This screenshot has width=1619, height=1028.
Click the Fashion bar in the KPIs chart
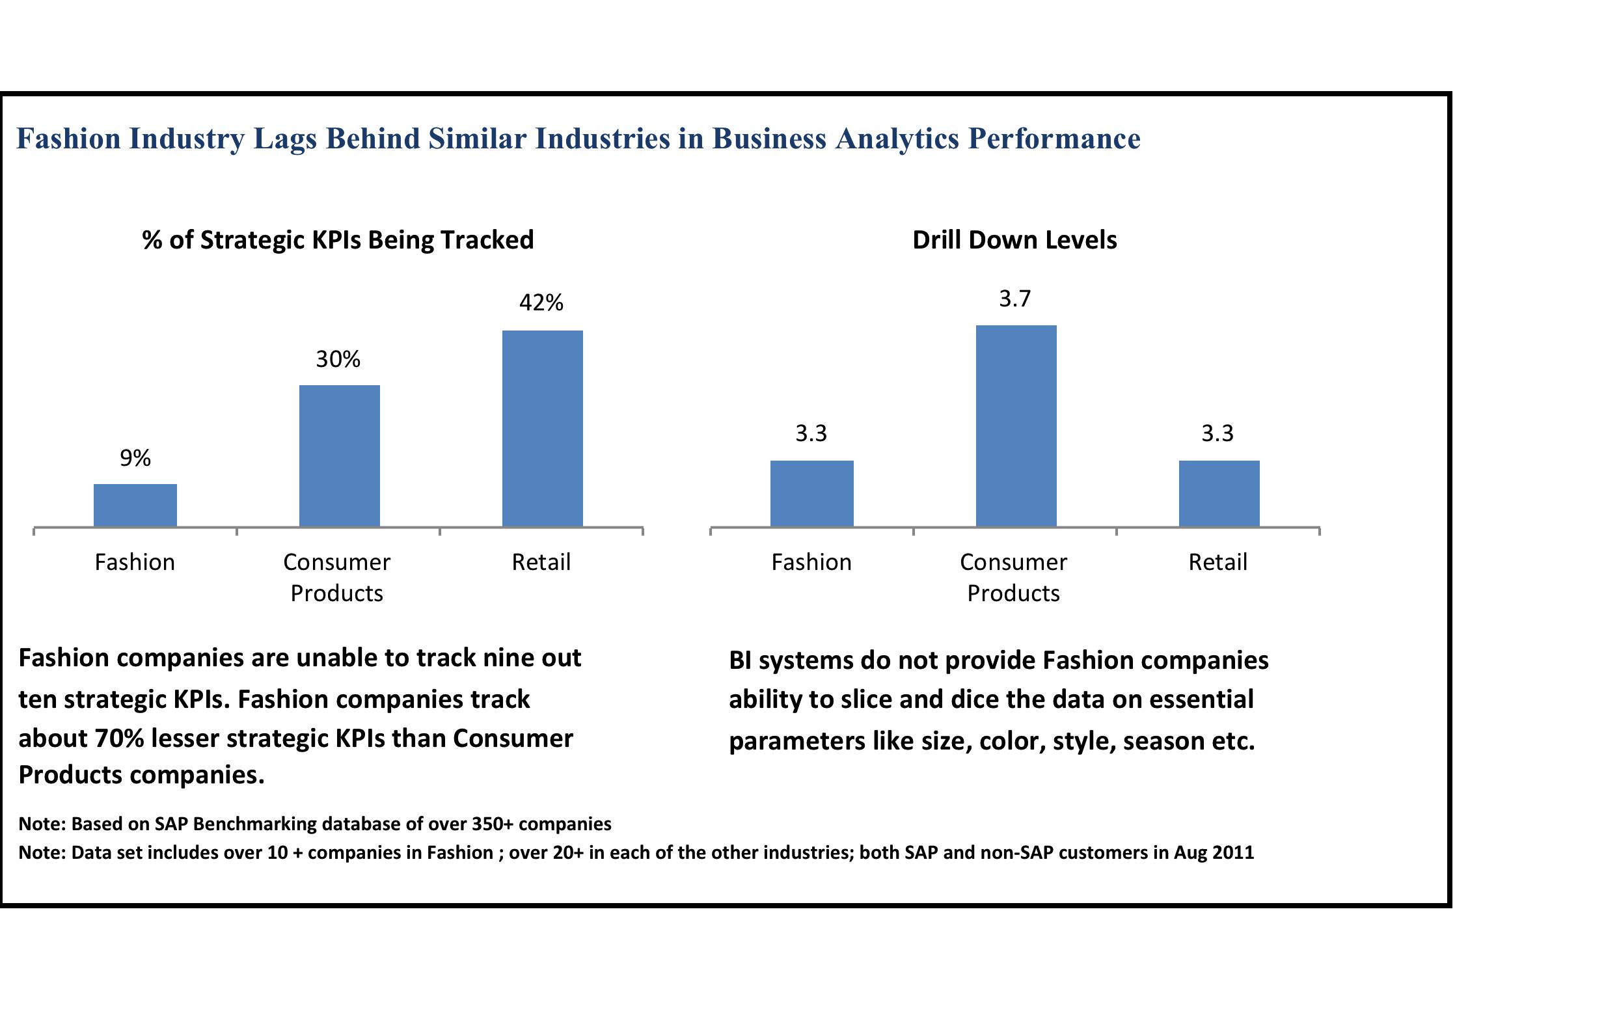tap(135, 505)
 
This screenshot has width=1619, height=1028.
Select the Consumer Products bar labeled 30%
tap(340, 456)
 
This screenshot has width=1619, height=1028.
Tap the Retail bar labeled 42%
tap(543, 428)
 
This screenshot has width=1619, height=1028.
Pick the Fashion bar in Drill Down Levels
tap(811, 493)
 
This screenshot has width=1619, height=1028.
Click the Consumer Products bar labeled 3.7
tap(1016, 426)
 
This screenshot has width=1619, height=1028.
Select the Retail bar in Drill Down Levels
tap(1219, 493)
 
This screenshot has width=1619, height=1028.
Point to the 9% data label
tap(135, 459)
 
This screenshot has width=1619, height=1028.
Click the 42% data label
tap(541, 303)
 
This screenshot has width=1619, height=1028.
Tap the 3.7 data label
tap(1014, 299)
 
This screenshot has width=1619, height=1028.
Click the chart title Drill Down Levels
tap(1014, 240)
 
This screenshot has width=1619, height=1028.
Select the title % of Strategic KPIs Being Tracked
tap(338, 240)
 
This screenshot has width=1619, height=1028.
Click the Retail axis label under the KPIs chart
tap(541, 562)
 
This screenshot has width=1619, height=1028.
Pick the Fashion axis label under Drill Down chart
tap(811, 562)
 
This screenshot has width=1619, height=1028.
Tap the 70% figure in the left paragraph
tap(119, 739)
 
